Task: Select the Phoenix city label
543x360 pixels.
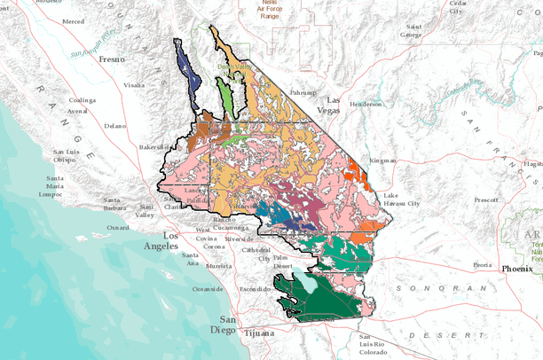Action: [518, 267]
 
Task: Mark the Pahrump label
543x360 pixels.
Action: [303, 92]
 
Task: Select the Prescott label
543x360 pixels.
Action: [486, 200]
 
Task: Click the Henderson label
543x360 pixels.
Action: [365, 104]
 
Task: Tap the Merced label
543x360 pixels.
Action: [74, 20]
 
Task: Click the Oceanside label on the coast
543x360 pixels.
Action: [209, 288]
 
